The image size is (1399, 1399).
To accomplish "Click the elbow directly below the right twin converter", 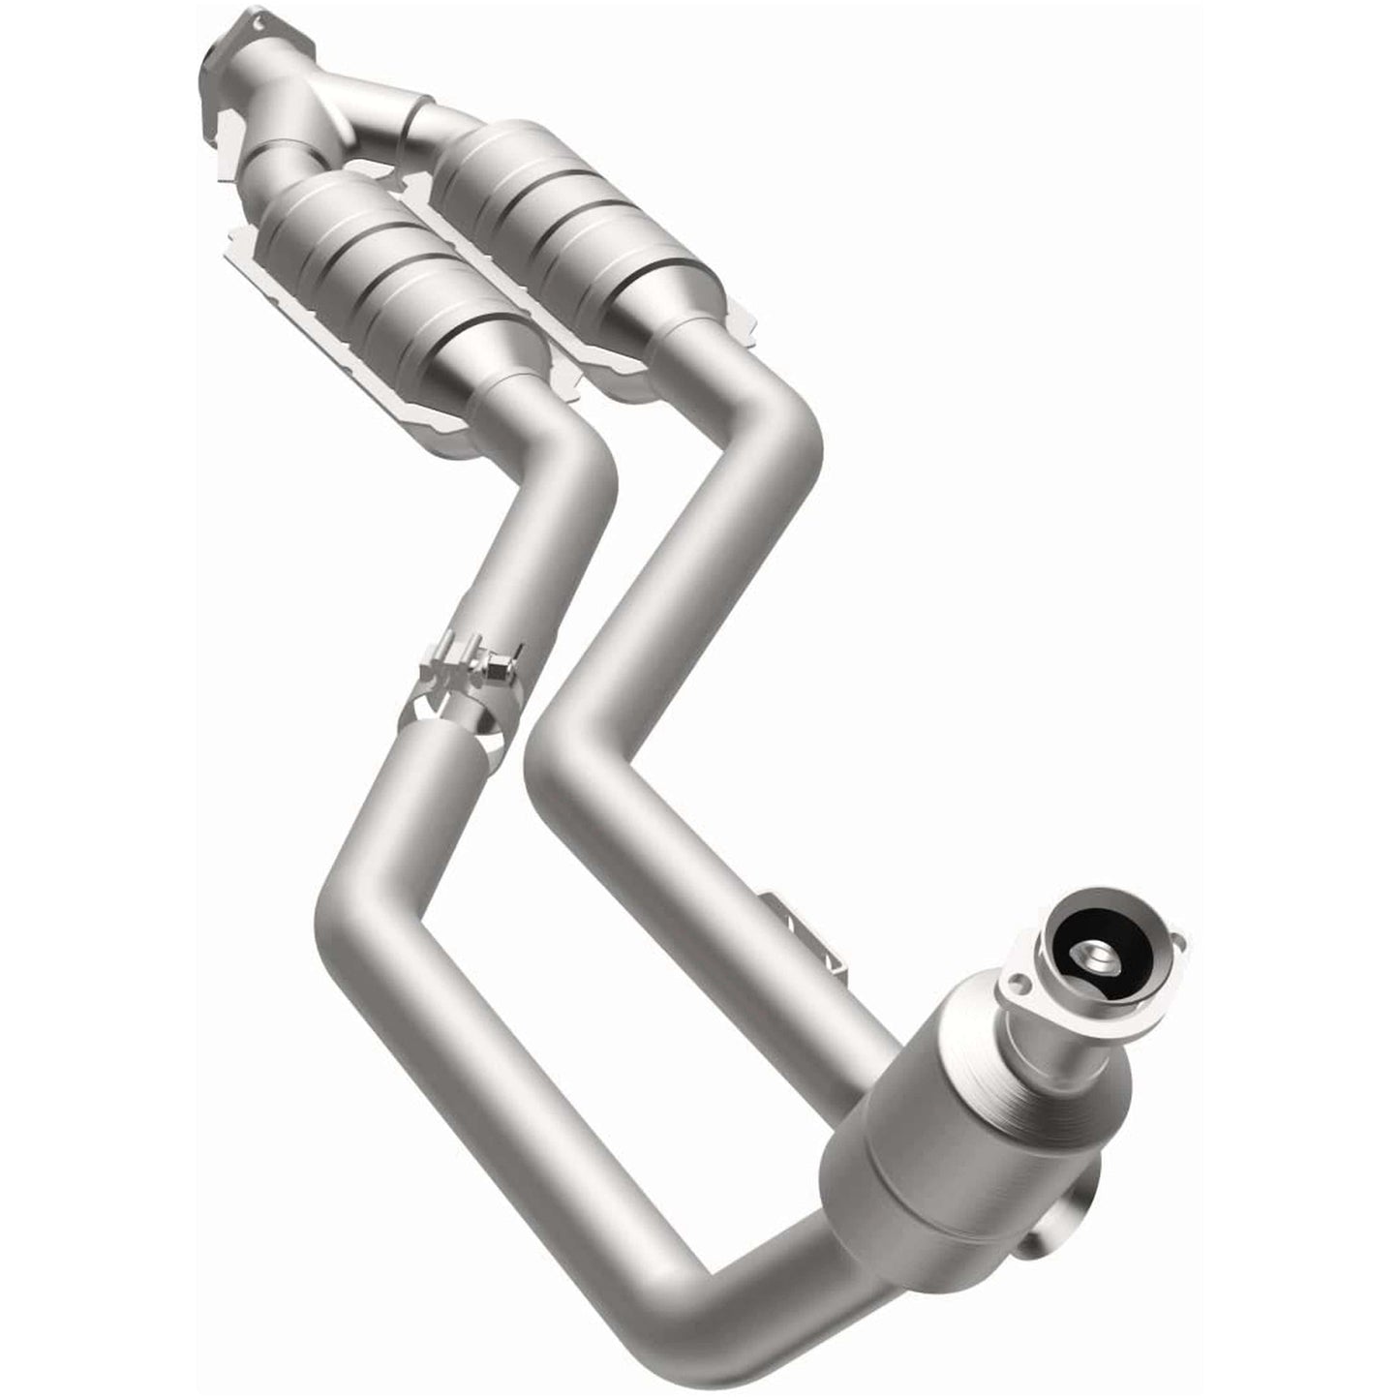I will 784,426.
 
